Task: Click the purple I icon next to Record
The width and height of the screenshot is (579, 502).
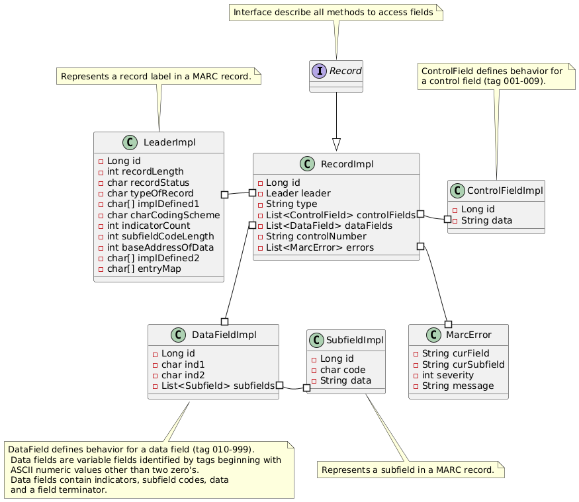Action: coord(319,71)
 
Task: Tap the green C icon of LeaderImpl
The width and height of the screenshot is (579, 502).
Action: coord(130,142)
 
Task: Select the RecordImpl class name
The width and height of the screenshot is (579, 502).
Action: coord(347,164)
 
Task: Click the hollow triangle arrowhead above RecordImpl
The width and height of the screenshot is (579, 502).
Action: coord(336,145)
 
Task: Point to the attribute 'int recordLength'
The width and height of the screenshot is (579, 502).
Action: coord(145,172)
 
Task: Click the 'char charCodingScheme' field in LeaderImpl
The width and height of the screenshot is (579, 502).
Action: coord(163,215)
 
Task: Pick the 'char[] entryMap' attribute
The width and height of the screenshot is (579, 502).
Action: coord(144,269)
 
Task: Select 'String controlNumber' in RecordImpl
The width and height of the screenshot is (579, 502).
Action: coord(316,236)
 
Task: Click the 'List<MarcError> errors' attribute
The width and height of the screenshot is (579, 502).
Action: coord(320,247)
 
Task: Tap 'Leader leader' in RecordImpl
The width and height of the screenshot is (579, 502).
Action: coord(298,193)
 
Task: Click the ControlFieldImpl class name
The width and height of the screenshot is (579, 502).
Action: coord(505,190)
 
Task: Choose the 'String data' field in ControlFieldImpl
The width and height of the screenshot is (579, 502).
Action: coord(486,220)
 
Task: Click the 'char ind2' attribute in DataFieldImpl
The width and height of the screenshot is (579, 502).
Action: coord(183,375)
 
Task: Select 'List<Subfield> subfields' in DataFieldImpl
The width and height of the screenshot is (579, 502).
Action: coord(218,386)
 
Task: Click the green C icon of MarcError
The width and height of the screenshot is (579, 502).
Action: coord(433,335)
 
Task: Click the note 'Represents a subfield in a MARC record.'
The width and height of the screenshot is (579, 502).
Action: coord(411,470)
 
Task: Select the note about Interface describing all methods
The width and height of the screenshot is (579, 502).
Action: coord(336,13)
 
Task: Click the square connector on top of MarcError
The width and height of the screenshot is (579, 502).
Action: coord(448,325)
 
